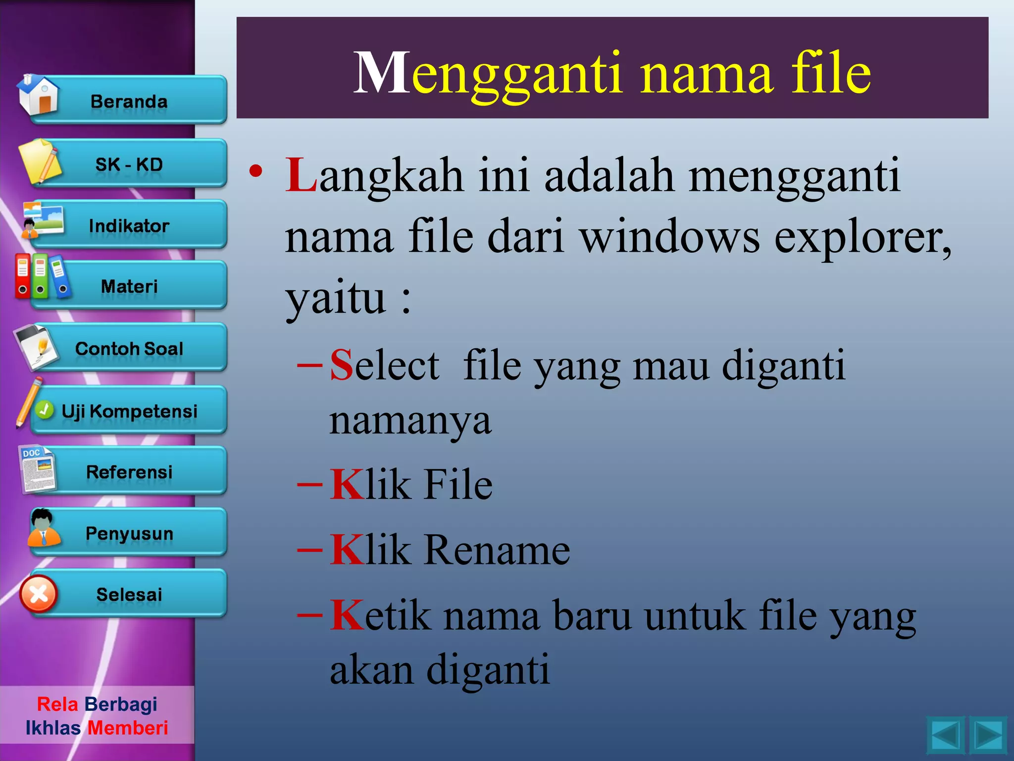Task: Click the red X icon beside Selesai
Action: click(x=39, y=594)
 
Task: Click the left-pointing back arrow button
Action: click(x=945, y=735)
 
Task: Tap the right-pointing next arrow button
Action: click(x=988, y=735)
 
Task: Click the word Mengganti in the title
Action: click(x=487, y=73)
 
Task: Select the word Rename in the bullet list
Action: click(x=497, y=550)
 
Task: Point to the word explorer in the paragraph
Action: click(x=862, y=237)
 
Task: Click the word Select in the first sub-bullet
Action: click(x=384, y=365)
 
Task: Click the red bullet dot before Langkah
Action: click(x=256, y=171)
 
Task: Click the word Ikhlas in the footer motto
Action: click(x=53, y=728)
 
